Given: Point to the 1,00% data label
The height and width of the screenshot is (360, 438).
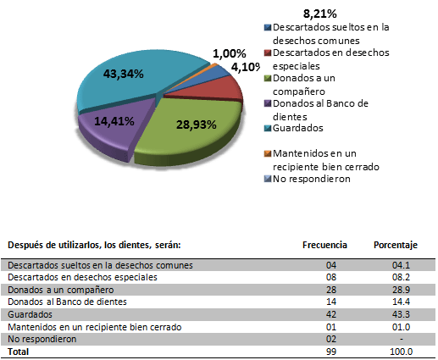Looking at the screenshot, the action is (230, 53).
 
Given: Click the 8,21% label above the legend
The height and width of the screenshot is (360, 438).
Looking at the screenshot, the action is (320, 14).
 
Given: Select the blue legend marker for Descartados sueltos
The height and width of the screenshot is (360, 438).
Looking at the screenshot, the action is (268, 27).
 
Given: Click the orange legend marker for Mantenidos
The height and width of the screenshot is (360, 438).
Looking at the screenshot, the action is (268, 153).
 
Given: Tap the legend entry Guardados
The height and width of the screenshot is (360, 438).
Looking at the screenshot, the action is (298, 128).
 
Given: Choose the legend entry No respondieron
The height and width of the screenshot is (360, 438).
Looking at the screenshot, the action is (312, 179).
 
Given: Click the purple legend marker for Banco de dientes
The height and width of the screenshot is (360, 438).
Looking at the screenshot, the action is (268, 103).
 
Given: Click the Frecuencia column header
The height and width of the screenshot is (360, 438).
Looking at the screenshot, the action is (324, 245).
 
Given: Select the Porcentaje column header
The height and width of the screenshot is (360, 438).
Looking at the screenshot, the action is (396, 245).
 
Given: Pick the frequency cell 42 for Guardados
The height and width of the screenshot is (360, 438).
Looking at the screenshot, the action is (331, 314).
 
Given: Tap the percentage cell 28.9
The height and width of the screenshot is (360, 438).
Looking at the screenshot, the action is (401, 290).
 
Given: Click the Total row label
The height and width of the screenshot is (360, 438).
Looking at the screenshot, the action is (19, 352).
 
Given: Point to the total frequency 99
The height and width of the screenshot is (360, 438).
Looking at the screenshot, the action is (331, 352).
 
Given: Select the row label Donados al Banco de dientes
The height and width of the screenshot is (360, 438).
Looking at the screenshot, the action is (67, 302).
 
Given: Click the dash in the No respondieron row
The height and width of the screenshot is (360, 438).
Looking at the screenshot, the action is (402, 339).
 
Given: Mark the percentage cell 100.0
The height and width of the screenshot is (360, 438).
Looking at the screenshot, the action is (401, 352).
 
